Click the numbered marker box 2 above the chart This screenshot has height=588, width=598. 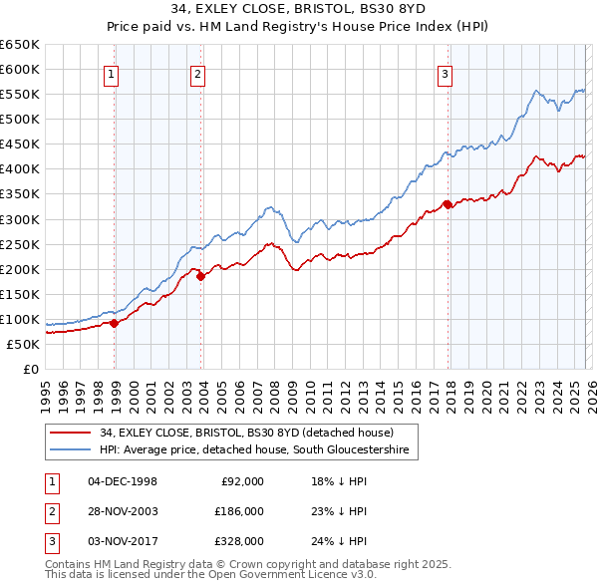click(x=197, y=73)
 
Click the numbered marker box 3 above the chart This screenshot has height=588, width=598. click(x=444, y=73)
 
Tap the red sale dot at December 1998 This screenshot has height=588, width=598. click(x=115, y=323)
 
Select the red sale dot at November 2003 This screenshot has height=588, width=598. click(x=201, y=276)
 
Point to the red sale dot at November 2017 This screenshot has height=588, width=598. click(x=448, y=204)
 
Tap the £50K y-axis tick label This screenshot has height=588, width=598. click(x=23, y=344)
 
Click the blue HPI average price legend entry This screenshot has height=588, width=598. click(x=254, y=450)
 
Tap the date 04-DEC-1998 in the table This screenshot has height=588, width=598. click(x=123, y=481)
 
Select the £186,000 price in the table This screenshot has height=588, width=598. click(x=238, y=511)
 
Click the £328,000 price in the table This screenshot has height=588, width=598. click(x=238, y=541)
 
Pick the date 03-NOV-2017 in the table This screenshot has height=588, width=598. click(x=123, y=541)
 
